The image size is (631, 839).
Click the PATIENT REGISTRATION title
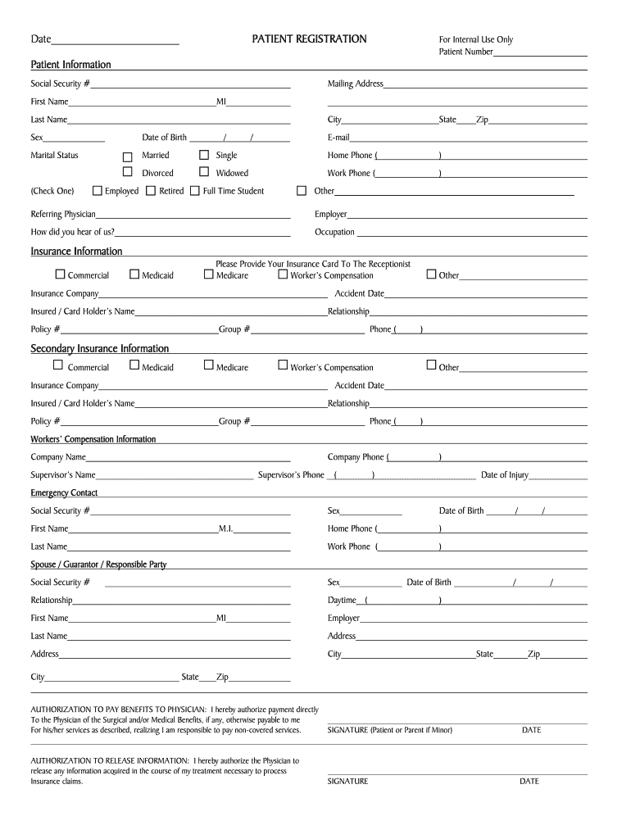tap(309, 39)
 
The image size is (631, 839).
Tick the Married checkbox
tap(127, 156)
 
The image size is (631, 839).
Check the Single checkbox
tap(204, 155)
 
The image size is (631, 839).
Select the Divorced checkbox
tap(127, 172)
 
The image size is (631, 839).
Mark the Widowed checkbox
tap(204, 172)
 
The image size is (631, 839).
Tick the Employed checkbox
tap(98, 191)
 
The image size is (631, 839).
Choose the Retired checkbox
tap(151, 191)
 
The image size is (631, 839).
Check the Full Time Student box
tap(195, 191)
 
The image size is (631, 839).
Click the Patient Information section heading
tap(70, 65)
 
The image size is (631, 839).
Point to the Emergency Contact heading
tap(64, 493)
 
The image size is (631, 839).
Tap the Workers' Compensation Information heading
tap(93, 439)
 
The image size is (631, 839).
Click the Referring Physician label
tap(63, 214)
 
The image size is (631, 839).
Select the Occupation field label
tap(334, 232)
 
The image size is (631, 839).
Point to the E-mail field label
tap(338, 138)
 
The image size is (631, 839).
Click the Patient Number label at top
tap(465, 52)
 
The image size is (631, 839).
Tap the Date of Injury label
tap(504, 475)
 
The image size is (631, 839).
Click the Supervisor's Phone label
tap(291, 475)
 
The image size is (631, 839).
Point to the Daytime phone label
tap(342, 601)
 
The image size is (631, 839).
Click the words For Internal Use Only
tap(476, 39)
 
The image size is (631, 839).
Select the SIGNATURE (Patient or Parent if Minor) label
tap(389, 730)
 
